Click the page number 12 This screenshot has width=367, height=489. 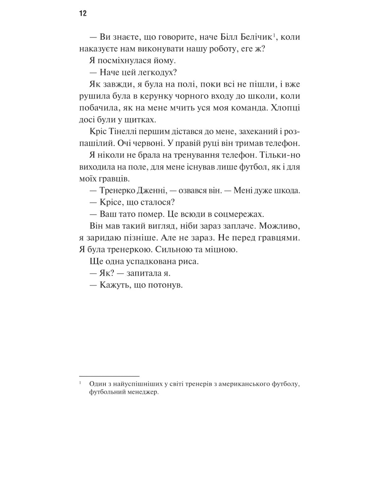(83, 14)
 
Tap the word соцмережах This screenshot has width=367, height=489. (235, 214)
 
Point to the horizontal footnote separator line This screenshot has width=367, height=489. (109, 376)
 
